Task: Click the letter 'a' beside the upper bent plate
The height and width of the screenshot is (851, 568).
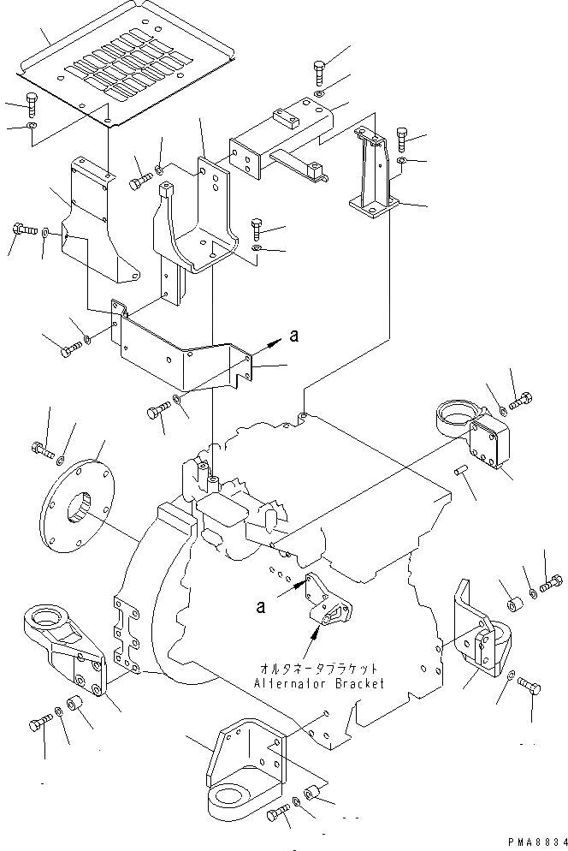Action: pos(293,337)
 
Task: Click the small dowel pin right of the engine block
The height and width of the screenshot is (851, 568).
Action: pos(461,471)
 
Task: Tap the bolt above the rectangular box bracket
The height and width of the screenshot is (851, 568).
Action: pos(318,68)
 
